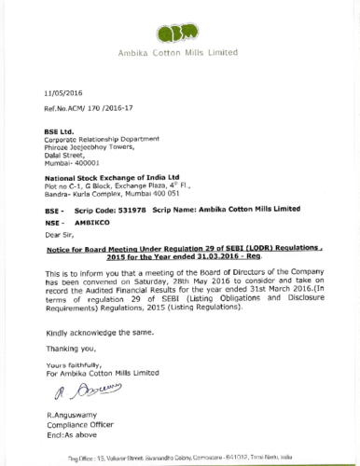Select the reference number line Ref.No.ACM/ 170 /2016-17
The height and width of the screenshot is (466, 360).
point(85,108)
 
